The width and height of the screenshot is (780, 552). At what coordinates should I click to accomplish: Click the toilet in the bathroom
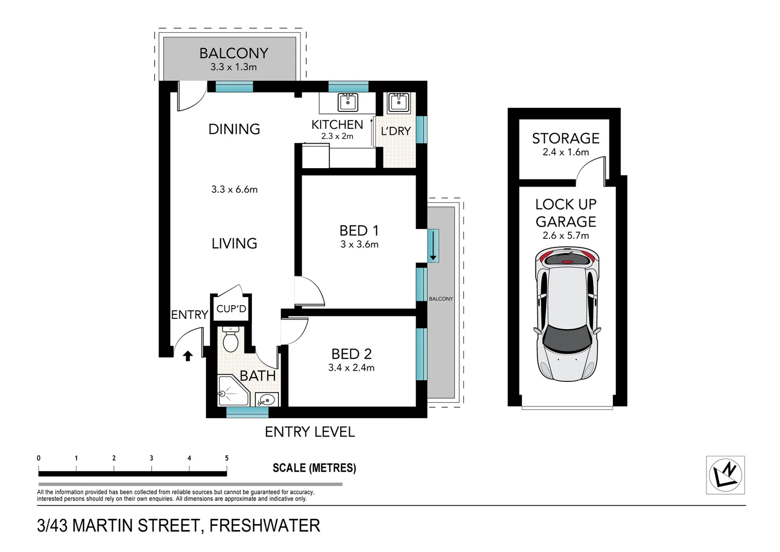(230, 340)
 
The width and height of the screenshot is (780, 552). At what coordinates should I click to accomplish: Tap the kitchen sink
(348, 102)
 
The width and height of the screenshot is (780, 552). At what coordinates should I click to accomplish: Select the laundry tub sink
(397, 103)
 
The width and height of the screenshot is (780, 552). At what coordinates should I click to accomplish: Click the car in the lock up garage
(566, 314)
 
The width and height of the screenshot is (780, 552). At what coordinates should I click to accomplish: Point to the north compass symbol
(725, 475)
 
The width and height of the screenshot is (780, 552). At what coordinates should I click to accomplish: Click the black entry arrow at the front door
(187, 356)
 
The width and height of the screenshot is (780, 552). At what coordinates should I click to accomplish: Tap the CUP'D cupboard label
(231, 309)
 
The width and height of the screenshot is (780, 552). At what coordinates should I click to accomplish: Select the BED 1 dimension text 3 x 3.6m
(359, 244)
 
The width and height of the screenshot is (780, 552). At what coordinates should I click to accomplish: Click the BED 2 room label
(351, 354)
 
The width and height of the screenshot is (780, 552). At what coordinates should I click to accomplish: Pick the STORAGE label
(565, 139)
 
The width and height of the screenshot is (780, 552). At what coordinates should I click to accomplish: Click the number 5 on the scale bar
(227, 458)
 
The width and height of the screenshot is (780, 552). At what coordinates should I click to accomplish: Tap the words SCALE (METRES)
(314, 468)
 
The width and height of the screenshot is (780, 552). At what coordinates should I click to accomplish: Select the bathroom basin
(266, 399)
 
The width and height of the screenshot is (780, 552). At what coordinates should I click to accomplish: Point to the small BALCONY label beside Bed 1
(441, 299)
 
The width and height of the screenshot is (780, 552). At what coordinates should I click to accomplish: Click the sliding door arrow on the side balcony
(433, 246)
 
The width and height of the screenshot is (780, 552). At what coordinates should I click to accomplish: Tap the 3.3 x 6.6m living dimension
(234, 190)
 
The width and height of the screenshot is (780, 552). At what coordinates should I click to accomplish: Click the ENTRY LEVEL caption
(310, 432)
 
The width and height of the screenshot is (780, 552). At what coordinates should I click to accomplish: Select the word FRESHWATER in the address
(265, 525)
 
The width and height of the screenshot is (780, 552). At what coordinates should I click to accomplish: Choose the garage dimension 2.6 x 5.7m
(565, 236)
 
